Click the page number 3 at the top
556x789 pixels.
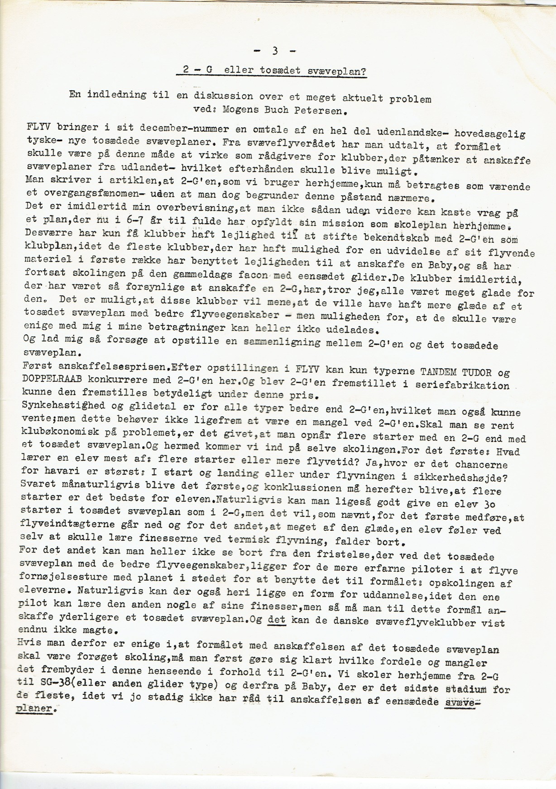[275, 51]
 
